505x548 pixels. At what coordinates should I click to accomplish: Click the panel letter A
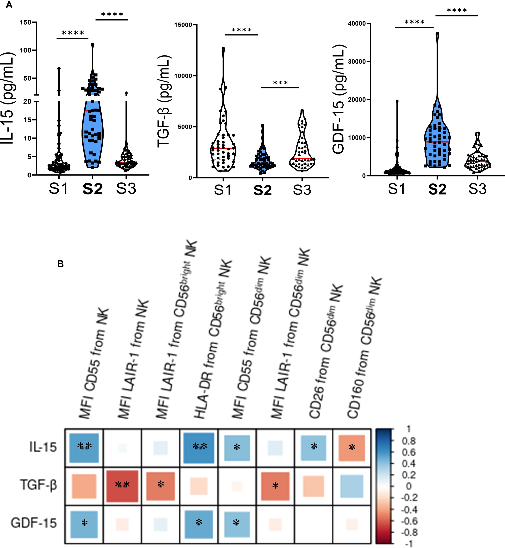click(9, 5)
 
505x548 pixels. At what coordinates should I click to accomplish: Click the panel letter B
click(60, 264)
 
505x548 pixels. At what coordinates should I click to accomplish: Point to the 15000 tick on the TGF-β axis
click(183, 25)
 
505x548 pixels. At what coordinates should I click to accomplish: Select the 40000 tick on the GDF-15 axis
click(357, 24)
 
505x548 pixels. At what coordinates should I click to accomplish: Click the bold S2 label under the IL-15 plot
click(93, 189)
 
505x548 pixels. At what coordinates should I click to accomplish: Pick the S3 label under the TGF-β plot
click(302, 190)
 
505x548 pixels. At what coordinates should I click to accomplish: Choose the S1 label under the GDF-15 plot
click(397, 189)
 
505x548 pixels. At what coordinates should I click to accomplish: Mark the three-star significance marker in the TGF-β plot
click(280, 83)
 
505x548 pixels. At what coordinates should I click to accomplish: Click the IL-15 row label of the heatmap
click(43, 447)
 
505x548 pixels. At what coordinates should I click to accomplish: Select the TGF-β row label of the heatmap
click(38, 485)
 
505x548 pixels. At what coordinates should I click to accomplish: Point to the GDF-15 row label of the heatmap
click(34, 523)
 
